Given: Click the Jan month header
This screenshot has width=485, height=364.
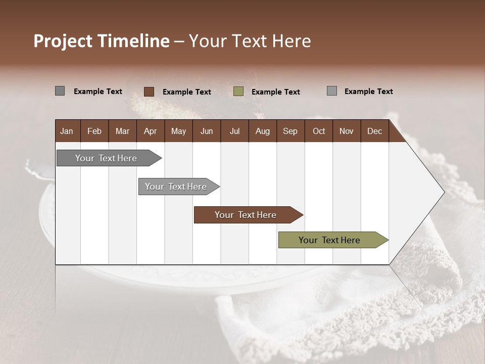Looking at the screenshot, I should (x=67, y=131).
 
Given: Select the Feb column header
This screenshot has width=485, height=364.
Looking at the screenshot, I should (x=94, y=131).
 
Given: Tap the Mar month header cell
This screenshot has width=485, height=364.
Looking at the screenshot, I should (x=122, y=131).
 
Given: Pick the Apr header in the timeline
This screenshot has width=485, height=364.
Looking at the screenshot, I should (x=150, y=131).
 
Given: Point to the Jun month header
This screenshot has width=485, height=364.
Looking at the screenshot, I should (x=207, y=131).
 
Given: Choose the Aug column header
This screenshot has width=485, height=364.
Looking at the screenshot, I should (x=262, y=131).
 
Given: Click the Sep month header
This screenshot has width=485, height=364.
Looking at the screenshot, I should (x=290, y=131).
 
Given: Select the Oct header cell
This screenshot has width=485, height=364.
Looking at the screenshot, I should (x=319, y=131).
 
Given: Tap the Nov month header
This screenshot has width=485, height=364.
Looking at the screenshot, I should (x=347, y=131).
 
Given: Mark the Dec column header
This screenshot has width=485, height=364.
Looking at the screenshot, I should (x=374, y=131).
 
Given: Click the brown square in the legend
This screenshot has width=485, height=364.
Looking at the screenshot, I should (x=149, y=92).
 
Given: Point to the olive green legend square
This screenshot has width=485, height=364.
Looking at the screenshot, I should (x=238, y=92).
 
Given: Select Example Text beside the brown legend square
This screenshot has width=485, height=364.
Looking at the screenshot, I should (x=186, y=92).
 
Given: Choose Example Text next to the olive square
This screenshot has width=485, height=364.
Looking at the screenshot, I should (x=275, y=92).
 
